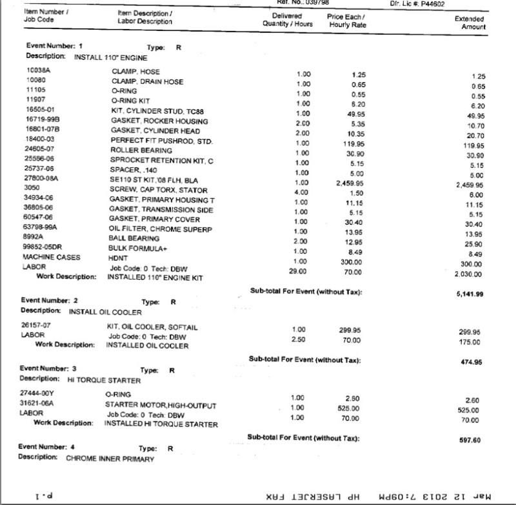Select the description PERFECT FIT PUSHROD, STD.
(x=161, y=141)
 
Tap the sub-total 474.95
(x=471, y=362)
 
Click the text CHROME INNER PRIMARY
(x=110, y=459)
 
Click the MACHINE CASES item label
(x=52, y=257)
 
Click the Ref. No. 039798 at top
(x=304, y=3)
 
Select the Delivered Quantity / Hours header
(x=287, y=20)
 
